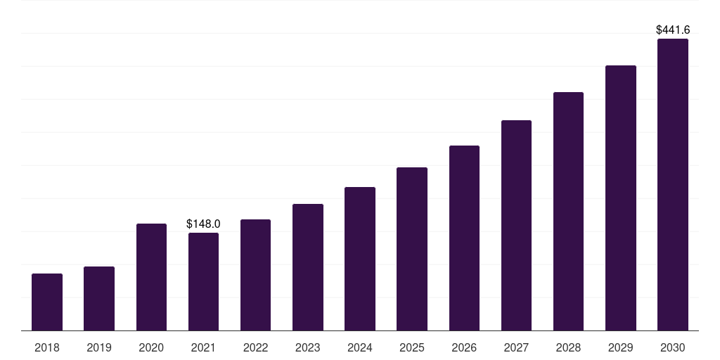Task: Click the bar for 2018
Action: [47, 302]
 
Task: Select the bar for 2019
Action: [99, 298]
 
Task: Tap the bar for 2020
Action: [151, 277]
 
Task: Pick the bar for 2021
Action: [203, 282]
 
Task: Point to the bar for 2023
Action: [308, 267]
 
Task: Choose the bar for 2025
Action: [412, 250]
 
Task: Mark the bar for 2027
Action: [516, 226]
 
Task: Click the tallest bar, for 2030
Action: [673, 185]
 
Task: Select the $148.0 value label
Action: [203, 224]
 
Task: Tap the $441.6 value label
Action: [673, 30]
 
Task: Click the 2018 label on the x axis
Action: [47, 347]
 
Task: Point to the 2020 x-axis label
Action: [151, 347]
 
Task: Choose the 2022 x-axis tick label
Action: [255, 347]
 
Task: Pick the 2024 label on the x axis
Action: [359, 347]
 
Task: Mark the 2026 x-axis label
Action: [464, 347]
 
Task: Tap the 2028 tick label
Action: [568, 347]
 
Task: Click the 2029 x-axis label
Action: [620, 347]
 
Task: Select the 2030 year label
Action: [673, 347]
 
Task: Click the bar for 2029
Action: [621, 198]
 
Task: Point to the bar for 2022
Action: [255, 275]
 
